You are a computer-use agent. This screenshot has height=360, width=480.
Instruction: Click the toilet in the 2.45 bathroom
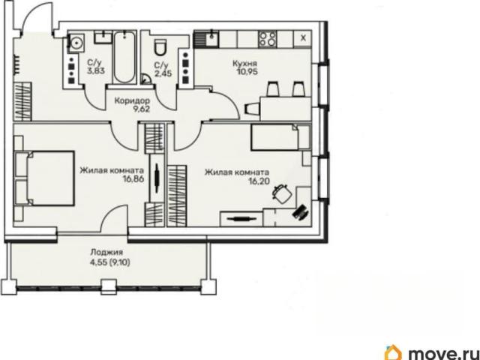click(160, 48)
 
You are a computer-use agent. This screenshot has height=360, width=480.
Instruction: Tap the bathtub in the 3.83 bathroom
click(124, 57)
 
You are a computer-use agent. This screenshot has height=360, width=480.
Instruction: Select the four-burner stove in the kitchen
click(268, 39)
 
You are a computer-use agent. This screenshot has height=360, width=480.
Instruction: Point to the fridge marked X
click(303, 38)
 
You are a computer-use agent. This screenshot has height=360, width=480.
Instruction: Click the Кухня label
click(245, 64)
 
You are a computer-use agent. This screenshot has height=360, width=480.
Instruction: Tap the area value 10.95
click(247, 72)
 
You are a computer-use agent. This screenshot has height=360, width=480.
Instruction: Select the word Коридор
click(132, 100)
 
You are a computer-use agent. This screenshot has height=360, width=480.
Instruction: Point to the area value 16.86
click(133, 179)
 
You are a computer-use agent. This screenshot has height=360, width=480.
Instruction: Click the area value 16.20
click(259, 181)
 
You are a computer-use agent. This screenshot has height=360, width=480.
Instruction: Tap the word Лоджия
click(106, 253)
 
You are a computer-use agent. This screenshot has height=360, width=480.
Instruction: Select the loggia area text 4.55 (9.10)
click(110, 262)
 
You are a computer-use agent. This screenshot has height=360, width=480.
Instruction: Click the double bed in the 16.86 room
click(44, 178)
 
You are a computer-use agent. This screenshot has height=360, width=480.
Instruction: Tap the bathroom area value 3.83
click(96, 71)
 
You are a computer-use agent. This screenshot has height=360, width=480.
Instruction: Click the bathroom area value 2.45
click(163, 73)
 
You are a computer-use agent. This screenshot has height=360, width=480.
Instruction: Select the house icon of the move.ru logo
click(393, 352)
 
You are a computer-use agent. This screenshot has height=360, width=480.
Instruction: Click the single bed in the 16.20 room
click(280, 137)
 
